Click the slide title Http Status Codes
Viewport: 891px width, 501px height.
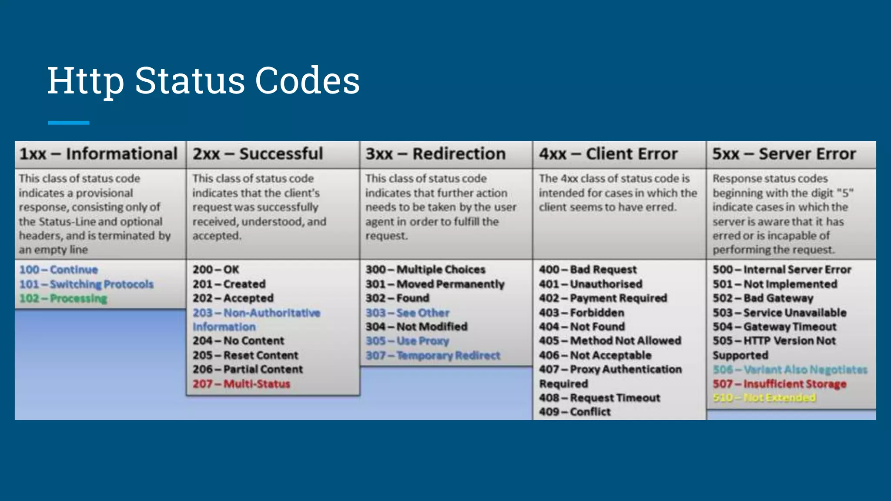point(203,80)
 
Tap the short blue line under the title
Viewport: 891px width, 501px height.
point(68,123)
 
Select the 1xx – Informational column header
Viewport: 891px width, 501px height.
point(98,154)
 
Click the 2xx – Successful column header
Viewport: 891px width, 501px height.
point(258,154)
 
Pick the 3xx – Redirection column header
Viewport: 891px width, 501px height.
point(435,154)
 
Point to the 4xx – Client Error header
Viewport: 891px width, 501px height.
point(608,154)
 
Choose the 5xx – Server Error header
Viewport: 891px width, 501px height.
point(784,154)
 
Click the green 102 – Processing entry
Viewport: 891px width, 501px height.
point(63,298)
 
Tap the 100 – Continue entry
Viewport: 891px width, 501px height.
point(58,270)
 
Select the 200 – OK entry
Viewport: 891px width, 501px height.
point(216,270)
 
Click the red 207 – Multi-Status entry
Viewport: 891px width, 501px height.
point(241,384)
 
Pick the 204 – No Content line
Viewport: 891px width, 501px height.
point(238,341)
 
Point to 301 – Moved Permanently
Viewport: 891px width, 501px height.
point(435,284)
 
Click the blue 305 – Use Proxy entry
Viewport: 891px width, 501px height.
point(407,341)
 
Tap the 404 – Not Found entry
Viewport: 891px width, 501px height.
point(582,327)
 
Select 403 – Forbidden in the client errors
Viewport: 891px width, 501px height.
point(581,313)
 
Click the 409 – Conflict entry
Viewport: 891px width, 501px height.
point(575,412)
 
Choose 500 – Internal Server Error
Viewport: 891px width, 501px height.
point(782,270)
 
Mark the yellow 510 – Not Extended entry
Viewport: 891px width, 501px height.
point(764,397)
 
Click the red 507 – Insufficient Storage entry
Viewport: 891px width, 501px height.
point(780,384)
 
